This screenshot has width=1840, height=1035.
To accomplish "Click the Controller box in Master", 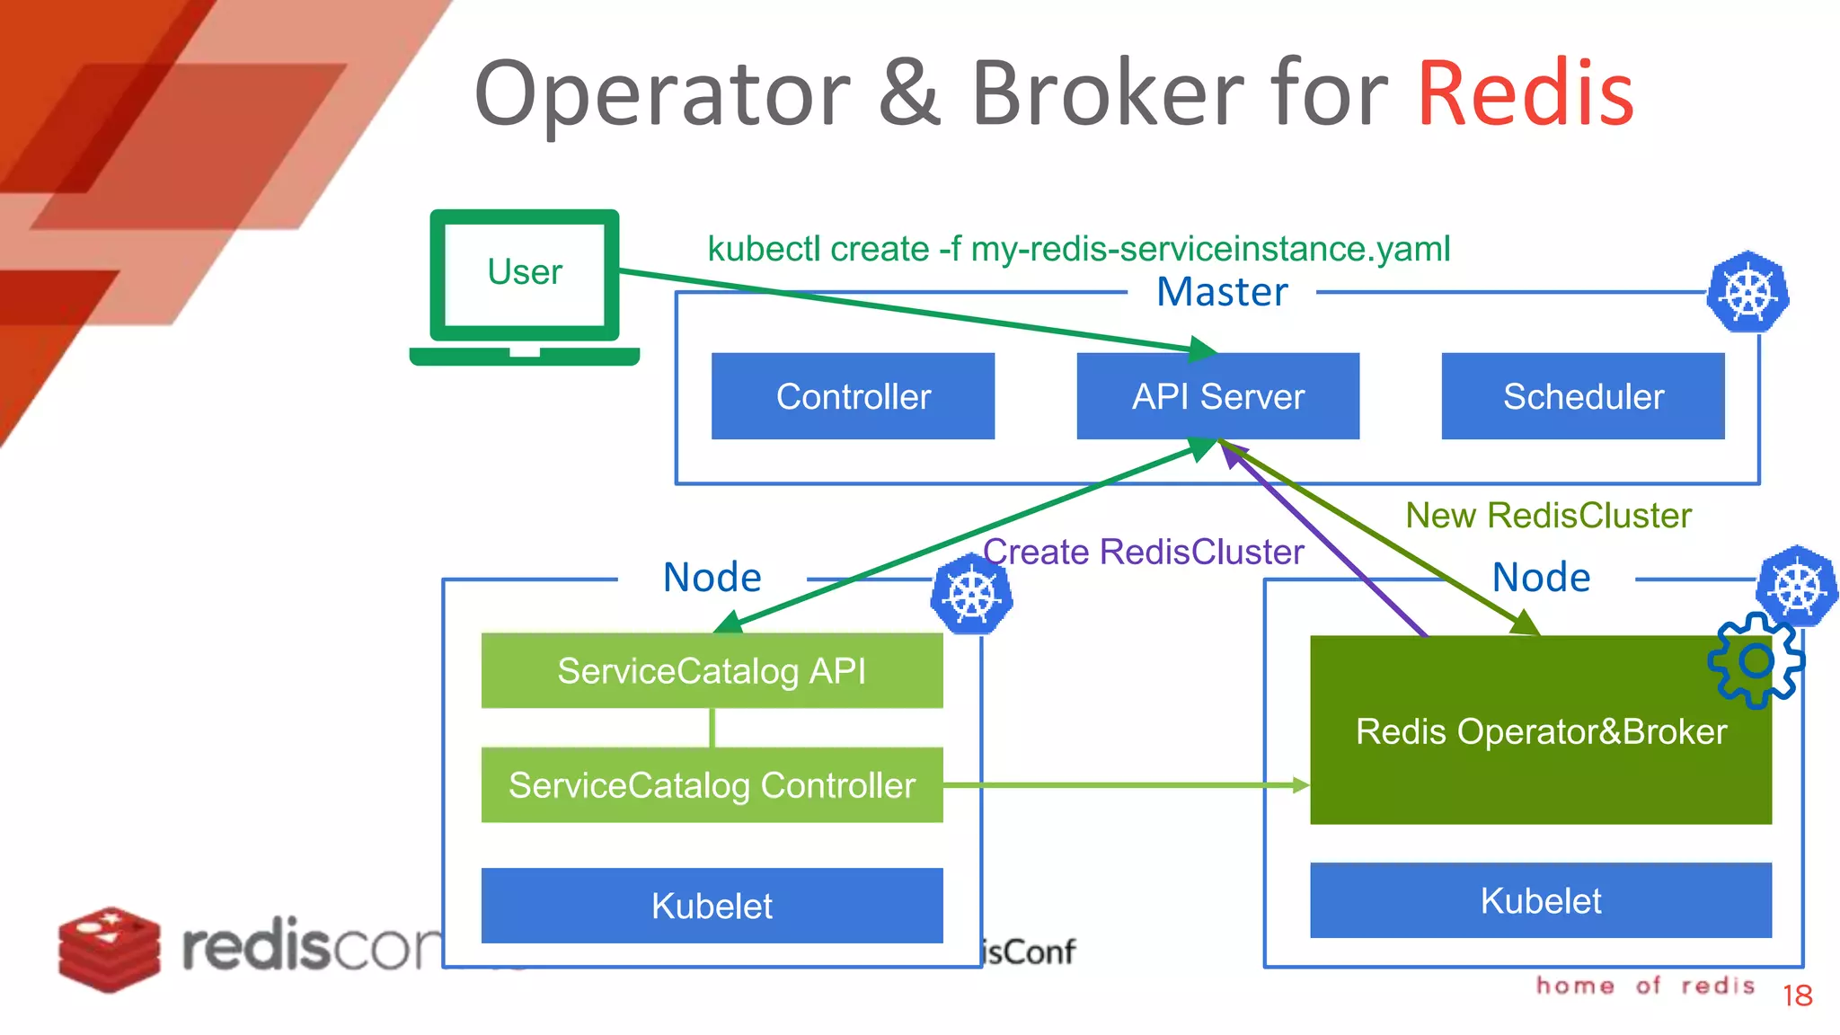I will pos(853,396).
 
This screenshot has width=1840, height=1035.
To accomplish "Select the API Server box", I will pos(1217,396).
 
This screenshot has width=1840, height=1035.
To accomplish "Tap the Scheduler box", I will pos(1583,396).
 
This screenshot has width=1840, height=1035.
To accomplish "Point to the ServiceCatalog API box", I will pos(712,671).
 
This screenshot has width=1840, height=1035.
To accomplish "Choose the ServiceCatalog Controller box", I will pos(712,785).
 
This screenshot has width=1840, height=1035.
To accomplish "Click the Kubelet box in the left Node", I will pos(712,906).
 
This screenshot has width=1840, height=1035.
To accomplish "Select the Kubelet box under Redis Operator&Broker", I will pos(1541,900).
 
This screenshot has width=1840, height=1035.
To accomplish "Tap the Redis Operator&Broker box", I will pos(1541,731).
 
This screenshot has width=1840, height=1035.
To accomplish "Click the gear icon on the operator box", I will pos(1756,661).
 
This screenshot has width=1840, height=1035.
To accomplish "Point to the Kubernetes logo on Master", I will pos(1747,293).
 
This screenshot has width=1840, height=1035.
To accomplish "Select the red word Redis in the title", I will pos(1526,93).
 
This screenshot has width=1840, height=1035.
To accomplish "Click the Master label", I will pos(1222,292).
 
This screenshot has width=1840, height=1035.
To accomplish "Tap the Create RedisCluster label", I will pos(1143,552).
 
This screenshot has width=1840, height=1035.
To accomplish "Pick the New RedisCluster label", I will pos(1548,516).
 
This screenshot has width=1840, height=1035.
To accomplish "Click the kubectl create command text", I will pos(1078,249).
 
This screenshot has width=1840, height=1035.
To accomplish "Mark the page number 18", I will pos(1797,995).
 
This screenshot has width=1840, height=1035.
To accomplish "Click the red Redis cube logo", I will pos(109,949).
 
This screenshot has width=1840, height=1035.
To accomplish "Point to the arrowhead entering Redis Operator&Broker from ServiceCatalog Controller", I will pos(1301,785).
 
